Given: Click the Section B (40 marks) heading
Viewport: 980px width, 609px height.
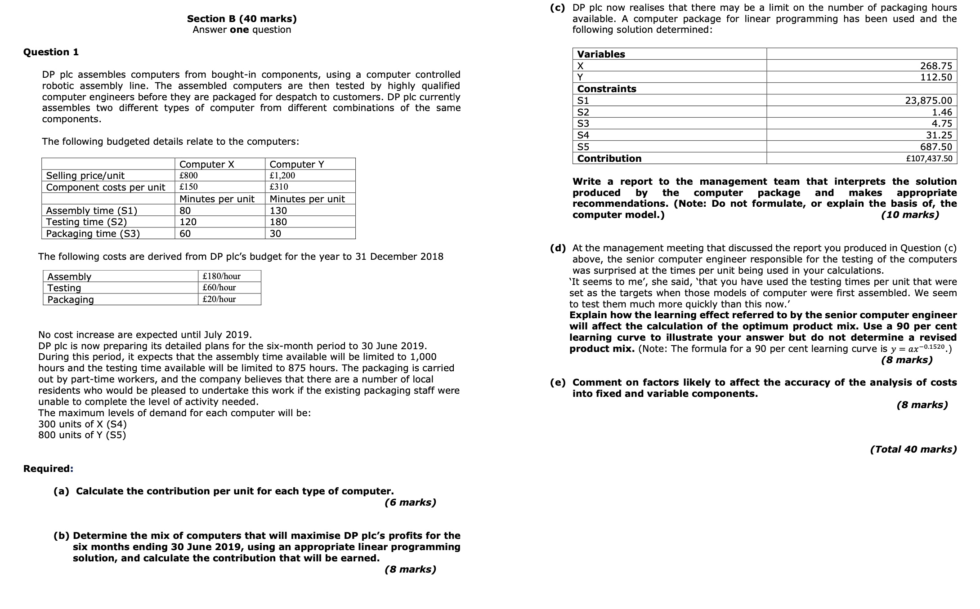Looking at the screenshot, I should (242, 19).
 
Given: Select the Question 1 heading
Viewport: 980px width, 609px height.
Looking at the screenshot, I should (51, 52).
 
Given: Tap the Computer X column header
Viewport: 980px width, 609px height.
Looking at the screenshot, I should (206, 164).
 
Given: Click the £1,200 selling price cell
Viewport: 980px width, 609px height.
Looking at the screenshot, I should (282, 176).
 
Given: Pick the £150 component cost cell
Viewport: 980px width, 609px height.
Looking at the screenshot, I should (188, 187).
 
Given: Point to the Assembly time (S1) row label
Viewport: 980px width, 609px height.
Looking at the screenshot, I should (91, 210).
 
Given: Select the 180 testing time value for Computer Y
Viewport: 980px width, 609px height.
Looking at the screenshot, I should (278, 222).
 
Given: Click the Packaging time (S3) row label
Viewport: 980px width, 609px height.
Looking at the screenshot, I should (93, 234).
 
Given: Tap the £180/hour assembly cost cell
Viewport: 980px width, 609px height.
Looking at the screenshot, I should (221, 276).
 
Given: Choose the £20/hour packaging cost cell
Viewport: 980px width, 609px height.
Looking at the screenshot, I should (219, 299).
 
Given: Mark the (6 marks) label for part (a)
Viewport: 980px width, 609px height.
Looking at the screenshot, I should (410, 502).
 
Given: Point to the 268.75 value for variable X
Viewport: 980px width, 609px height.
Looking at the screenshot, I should (936, 66).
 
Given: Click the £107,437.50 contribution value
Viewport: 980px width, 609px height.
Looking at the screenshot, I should (929, 159).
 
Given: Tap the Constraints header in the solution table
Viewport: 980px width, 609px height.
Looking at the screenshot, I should (607, 89).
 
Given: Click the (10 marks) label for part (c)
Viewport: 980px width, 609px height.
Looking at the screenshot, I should (910, 215).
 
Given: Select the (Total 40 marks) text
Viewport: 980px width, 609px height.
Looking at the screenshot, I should (913, 449).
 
